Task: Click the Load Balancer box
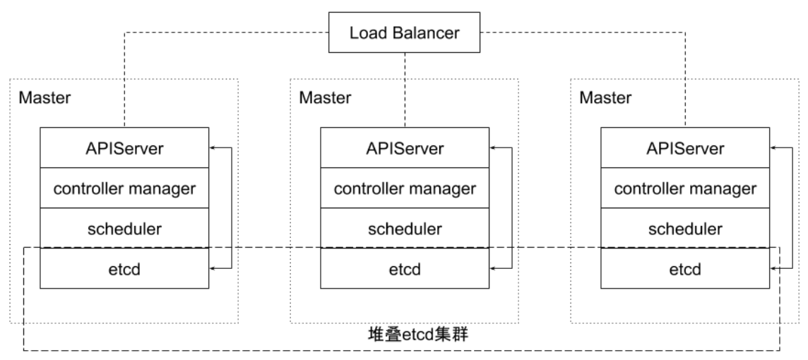pyautogui.click(x=404, y=32)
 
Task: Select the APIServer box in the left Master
pyautogui.click(x=124, y=148)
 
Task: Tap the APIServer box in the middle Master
pyautogui.click(x=405, y=148)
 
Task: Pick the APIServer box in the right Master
pyautogui.click(x=685, y=148)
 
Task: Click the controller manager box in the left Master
pyautogui.click(x=124, y=188)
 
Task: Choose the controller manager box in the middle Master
pyautogui.click(x=405, y=188)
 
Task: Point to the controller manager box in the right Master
pyautogui.click(x=685, y=188)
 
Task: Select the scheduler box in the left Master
pyautogui.click(x=124, y=229)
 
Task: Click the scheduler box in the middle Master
pyautogui.click(x=405, y=229)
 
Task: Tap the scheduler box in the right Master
pyautogui.click(x=685, y=229)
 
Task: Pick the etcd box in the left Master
pyautogui.click(x=124, y=269)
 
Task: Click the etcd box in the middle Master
pyautogui.click(x=405, y=269)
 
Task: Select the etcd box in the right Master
pyautogui.click(x=685, y=269)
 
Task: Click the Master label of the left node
pyautogui.click(x=44, y=98)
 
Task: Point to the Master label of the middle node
pyautogui.click(x=325, y=98)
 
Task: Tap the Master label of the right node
pyautogui.click(x=605, y=98)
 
